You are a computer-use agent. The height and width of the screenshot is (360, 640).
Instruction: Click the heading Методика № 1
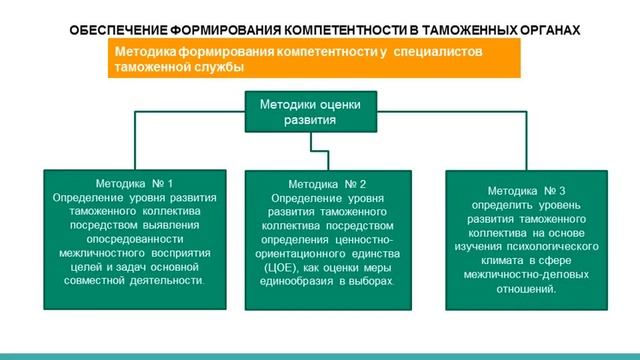tap(133, 184)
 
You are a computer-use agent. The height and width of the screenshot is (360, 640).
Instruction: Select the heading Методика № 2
tap(327, 184)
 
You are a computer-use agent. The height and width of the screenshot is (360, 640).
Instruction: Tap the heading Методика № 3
tap(527, 190)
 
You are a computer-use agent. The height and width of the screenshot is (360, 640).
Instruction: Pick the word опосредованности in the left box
tap(135, 239)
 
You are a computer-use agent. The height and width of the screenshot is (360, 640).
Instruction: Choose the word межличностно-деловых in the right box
tap(527, 274)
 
